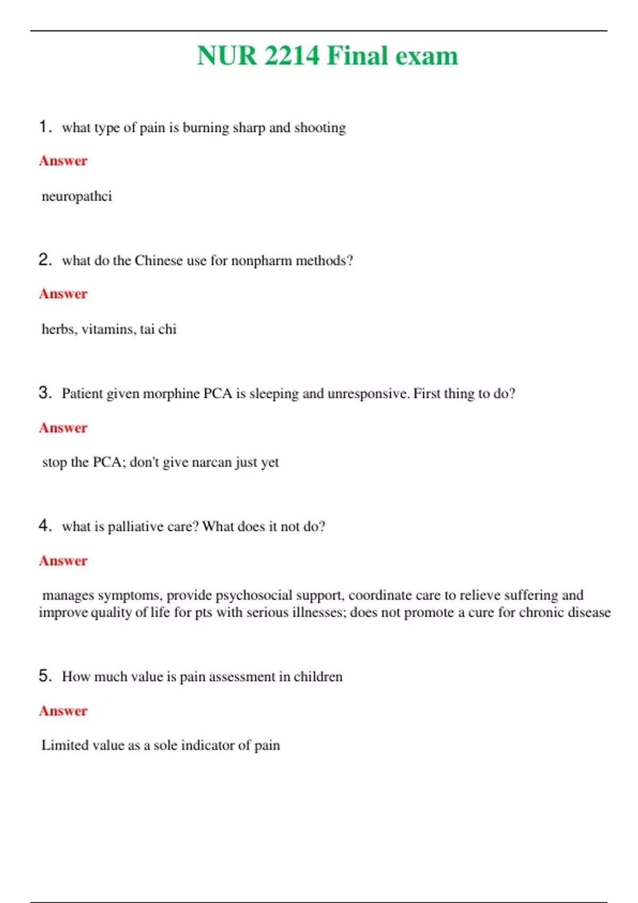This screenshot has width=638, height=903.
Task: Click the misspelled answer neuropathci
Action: click(x=77, y=197)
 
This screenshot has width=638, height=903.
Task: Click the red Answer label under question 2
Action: click(x=63, y=294)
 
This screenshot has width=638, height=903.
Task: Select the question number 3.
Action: click(x=45, y=393)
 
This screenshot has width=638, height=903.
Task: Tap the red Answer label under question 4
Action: click(x=63, y=561)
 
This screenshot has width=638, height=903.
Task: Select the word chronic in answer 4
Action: click(x=541, y=612)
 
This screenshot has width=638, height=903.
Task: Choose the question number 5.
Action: click(x=45, y=676)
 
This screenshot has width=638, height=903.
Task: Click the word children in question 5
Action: click(x=318, y=677)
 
